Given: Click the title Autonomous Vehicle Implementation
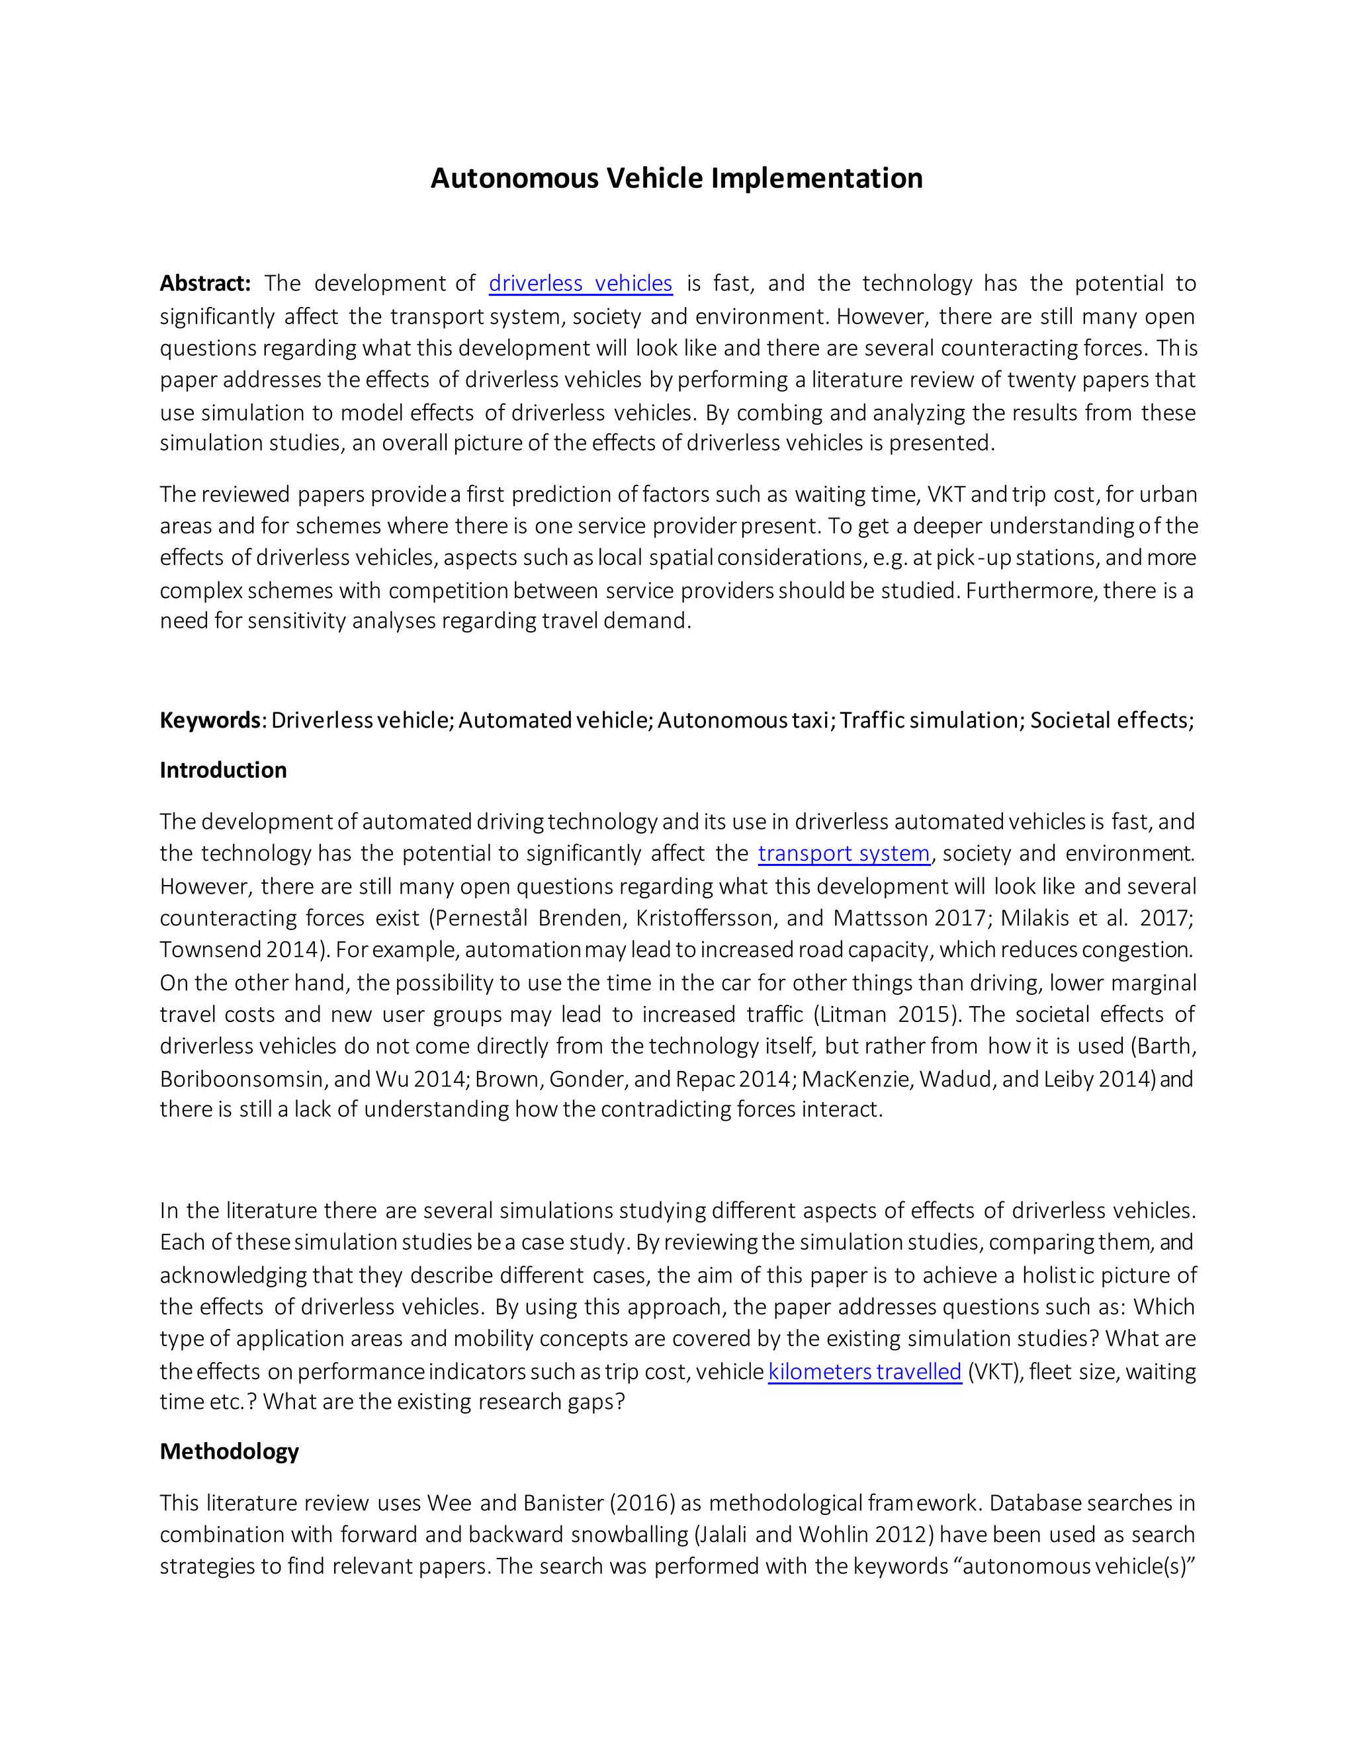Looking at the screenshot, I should pos(677,178).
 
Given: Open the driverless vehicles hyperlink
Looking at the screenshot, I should pos(580,283).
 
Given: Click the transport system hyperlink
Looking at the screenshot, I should pos(844,853).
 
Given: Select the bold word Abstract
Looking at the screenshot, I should pos(204,283).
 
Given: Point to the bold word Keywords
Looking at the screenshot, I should pos(210,720).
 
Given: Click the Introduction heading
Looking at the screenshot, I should pos(223,771).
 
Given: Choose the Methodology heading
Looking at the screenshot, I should pos(229,1451).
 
